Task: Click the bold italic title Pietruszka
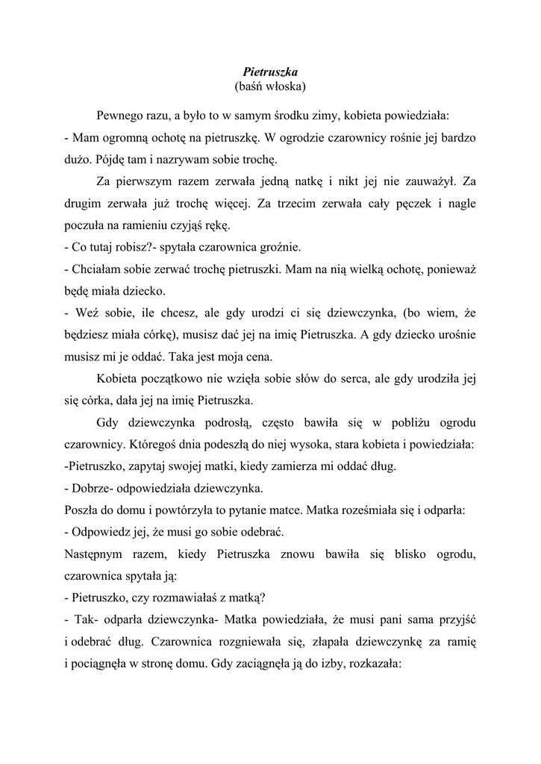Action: click(x=270, y=72)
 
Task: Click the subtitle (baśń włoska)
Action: click(x=270, y=87)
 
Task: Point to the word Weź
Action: click(x=84, y=311)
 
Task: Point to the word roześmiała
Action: click(x=374, y=511)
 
